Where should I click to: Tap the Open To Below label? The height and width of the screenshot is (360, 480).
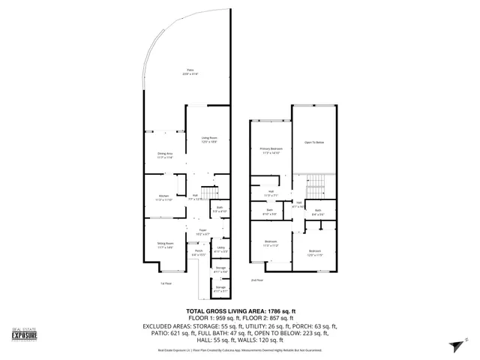point(313,142)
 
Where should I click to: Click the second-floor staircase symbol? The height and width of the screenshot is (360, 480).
point(316,182)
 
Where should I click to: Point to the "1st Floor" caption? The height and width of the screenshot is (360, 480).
point(166,283)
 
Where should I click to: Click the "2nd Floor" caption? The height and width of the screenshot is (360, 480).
point(258,280)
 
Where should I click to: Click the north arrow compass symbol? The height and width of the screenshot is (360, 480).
point(452,343)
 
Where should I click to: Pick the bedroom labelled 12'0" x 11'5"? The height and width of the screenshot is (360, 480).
point(314,253)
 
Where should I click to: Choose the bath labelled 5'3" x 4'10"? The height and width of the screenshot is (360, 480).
point(220,210)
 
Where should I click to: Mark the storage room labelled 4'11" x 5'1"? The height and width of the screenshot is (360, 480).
point(220,288)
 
